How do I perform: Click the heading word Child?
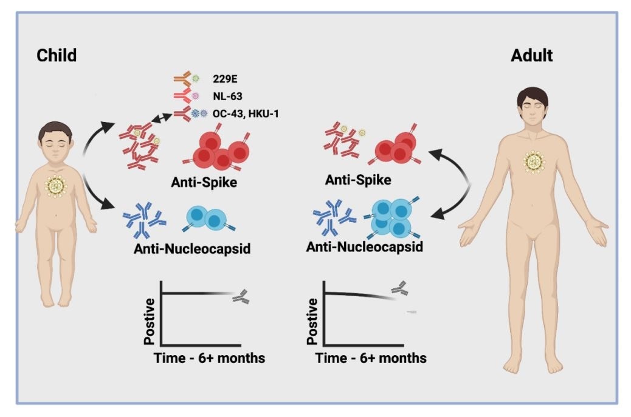57,55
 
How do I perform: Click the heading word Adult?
532,55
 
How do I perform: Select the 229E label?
225,80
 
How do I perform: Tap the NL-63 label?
227,95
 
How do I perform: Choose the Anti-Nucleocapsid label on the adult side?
365,247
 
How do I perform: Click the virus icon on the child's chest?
57,185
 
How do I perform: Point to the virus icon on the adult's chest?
534,161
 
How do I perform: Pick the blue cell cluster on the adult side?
391,217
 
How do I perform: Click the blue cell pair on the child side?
208,219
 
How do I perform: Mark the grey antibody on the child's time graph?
242,296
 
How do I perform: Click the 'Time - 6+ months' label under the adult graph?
370,358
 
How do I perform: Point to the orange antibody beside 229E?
181,79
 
